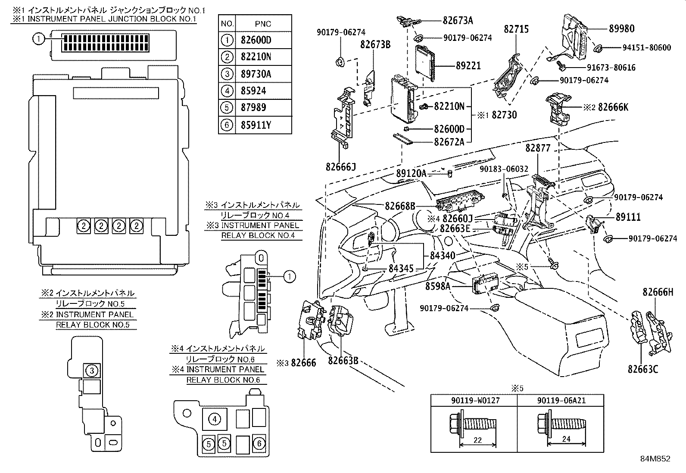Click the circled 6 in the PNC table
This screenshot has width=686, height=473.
[227, 125]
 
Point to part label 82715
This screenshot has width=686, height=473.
[516, 29]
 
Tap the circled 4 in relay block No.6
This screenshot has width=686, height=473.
[214, 419]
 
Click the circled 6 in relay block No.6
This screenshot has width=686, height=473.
[259, 443]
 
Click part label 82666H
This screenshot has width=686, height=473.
[657, 292]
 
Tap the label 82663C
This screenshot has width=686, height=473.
[642, 369]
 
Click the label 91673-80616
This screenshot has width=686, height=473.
[605, 67]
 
